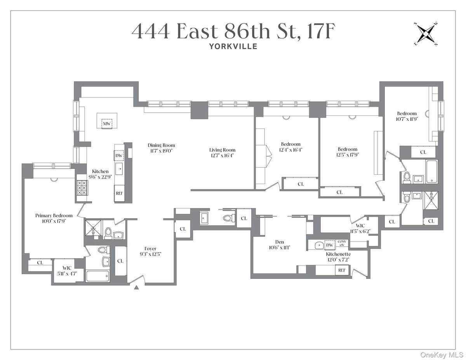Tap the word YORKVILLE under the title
click(233, 46)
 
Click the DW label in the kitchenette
click(329, 245)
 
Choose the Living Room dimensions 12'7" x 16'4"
click(222, 155)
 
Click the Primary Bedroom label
click(54, 216)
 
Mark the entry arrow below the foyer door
click(136, 288)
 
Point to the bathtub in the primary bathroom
click(98, 276)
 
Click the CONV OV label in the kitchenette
click(342, 243)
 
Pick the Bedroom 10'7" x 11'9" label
click(407, 113)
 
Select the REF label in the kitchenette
click(341, 270)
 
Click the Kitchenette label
click(338, 253)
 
